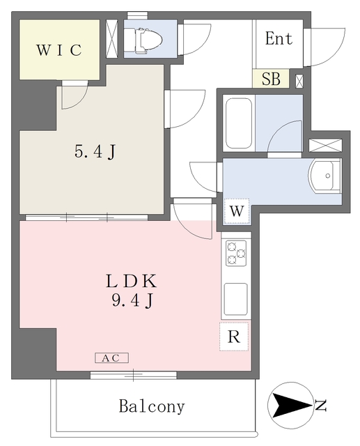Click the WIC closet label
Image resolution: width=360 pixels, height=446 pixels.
click(59, 50)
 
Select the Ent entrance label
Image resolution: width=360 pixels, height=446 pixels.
click(279, 38)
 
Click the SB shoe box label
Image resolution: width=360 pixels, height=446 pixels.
click(271, 79)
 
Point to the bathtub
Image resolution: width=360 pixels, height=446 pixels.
click(239, 123)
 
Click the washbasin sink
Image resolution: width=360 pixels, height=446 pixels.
click(324, 176)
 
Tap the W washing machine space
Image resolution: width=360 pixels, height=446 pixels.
click(237, 211)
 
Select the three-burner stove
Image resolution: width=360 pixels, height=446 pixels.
click(236, 253)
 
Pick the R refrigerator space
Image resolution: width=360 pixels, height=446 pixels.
click(234, 337)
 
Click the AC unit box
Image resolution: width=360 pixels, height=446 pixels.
click(111, 357)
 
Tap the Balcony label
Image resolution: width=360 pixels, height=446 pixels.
click(152, 406)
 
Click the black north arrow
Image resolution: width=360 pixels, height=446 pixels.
click(291, 405)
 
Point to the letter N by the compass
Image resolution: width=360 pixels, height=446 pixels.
click(321, 405)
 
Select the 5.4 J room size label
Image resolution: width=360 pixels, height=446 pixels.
click(95, 151)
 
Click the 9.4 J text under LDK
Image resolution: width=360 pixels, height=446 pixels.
click(133, 300)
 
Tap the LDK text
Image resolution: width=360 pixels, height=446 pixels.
click(131, 281)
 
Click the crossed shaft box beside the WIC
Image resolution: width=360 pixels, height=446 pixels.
click(111, 38)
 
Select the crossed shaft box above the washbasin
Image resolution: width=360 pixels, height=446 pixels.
click(325, 145)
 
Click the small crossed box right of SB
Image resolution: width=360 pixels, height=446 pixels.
click(299, 81)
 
